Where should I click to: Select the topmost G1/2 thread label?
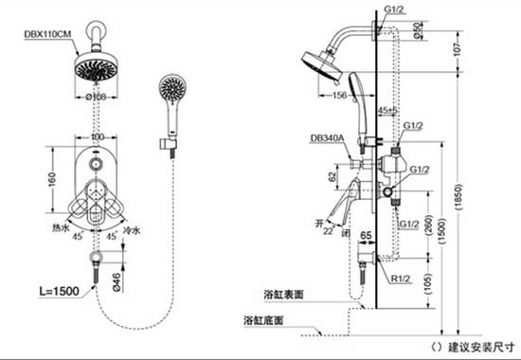click(395, 9)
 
